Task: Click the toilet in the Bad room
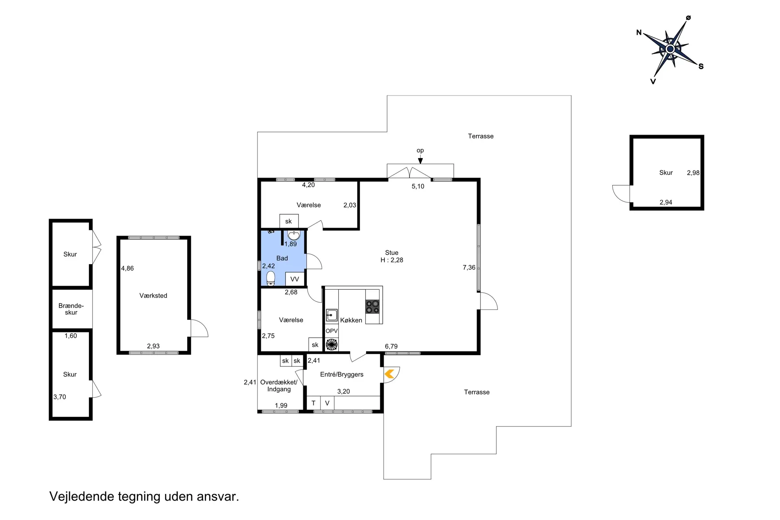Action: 271,278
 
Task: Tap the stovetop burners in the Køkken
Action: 373,306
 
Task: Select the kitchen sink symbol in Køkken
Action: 332,315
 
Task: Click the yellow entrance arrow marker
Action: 389,374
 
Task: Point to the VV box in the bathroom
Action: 295,279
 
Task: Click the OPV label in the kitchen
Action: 331,331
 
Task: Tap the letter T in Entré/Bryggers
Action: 313,403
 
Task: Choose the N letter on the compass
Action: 639,32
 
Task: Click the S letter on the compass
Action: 701,66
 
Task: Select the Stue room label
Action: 392,253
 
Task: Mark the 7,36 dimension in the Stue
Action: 469,267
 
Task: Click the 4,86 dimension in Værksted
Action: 128,268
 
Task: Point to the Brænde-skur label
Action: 71,309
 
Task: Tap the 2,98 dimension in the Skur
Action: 693,173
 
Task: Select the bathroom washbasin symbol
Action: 294,235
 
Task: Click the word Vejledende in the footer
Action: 82,496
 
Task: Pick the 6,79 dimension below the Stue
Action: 391,347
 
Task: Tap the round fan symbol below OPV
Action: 332,344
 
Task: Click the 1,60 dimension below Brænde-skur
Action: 71,336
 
